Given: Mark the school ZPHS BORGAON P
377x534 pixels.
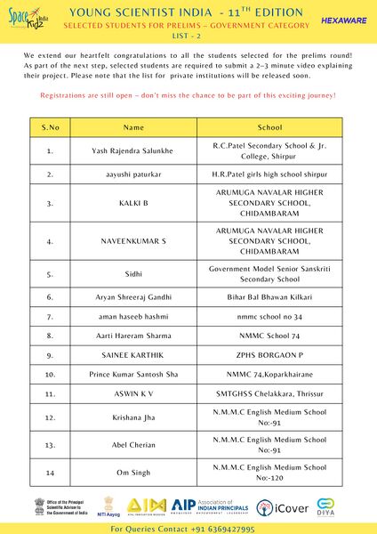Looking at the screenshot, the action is tap(269, 355).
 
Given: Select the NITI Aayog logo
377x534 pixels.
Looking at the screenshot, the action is tap(108, 508).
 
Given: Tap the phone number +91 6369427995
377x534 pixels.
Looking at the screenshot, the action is tap(217, 528).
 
